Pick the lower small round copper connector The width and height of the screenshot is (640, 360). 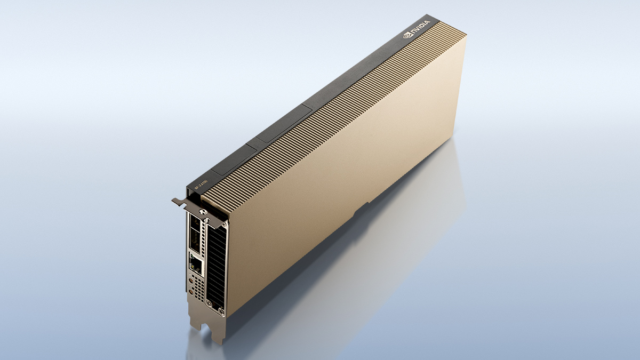pyautogui.click(x=190, y=291)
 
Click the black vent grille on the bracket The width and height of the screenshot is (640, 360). pyautogui.click(x=215, y=267)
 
